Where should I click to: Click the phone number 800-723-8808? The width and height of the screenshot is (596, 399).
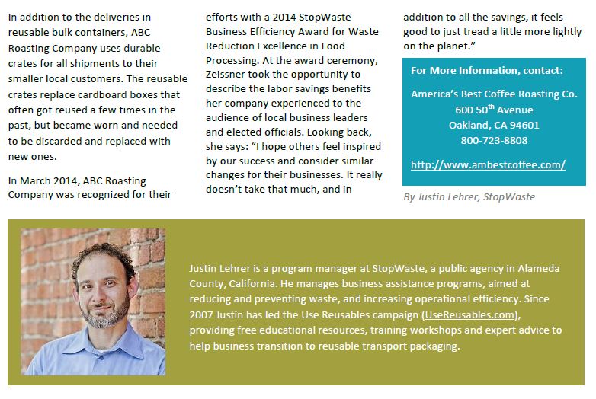pyautogui.click(x=494, y=140)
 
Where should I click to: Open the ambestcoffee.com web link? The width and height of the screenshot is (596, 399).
pyautogui.click(x=488, y=164)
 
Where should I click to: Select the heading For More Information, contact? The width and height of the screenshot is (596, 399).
pyautogui.click(x=486, y=71)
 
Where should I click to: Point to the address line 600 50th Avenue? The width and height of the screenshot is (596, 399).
pyautogui.click(x=494, y=110)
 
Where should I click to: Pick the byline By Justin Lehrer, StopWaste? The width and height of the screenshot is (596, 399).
pyautogui.click(x=469, y=196)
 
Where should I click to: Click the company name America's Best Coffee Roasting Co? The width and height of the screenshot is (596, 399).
pyautogui.click(x=494, y=94)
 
